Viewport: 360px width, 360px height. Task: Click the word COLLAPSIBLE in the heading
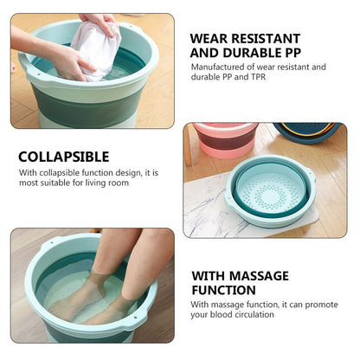[x=64, y=157]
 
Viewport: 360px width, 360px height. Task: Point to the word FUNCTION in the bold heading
[x=224, y=290]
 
